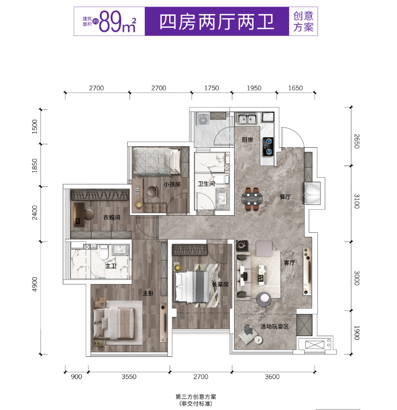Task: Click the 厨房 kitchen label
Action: coord(248,140)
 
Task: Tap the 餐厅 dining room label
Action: coord(285,196)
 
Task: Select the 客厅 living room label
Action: coord(289,263)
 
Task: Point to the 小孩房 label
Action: coord(172,184)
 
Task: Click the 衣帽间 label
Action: coord(112,217)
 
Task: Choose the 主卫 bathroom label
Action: coord(110,266)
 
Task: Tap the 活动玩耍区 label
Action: coord(274,326)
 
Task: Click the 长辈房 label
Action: coord(220,284)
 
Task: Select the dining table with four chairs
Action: coord(252,199)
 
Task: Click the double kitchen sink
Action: coord(247,119)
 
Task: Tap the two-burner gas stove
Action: coord(268,146)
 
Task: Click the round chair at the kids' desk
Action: coord(152,191)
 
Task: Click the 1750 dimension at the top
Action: coord(212,88)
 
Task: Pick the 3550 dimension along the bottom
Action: coord(129,377)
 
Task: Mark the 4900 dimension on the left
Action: coord(34,284)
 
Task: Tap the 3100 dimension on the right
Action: coord(356,201)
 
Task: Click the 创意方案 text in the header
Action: coord(303,21)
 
